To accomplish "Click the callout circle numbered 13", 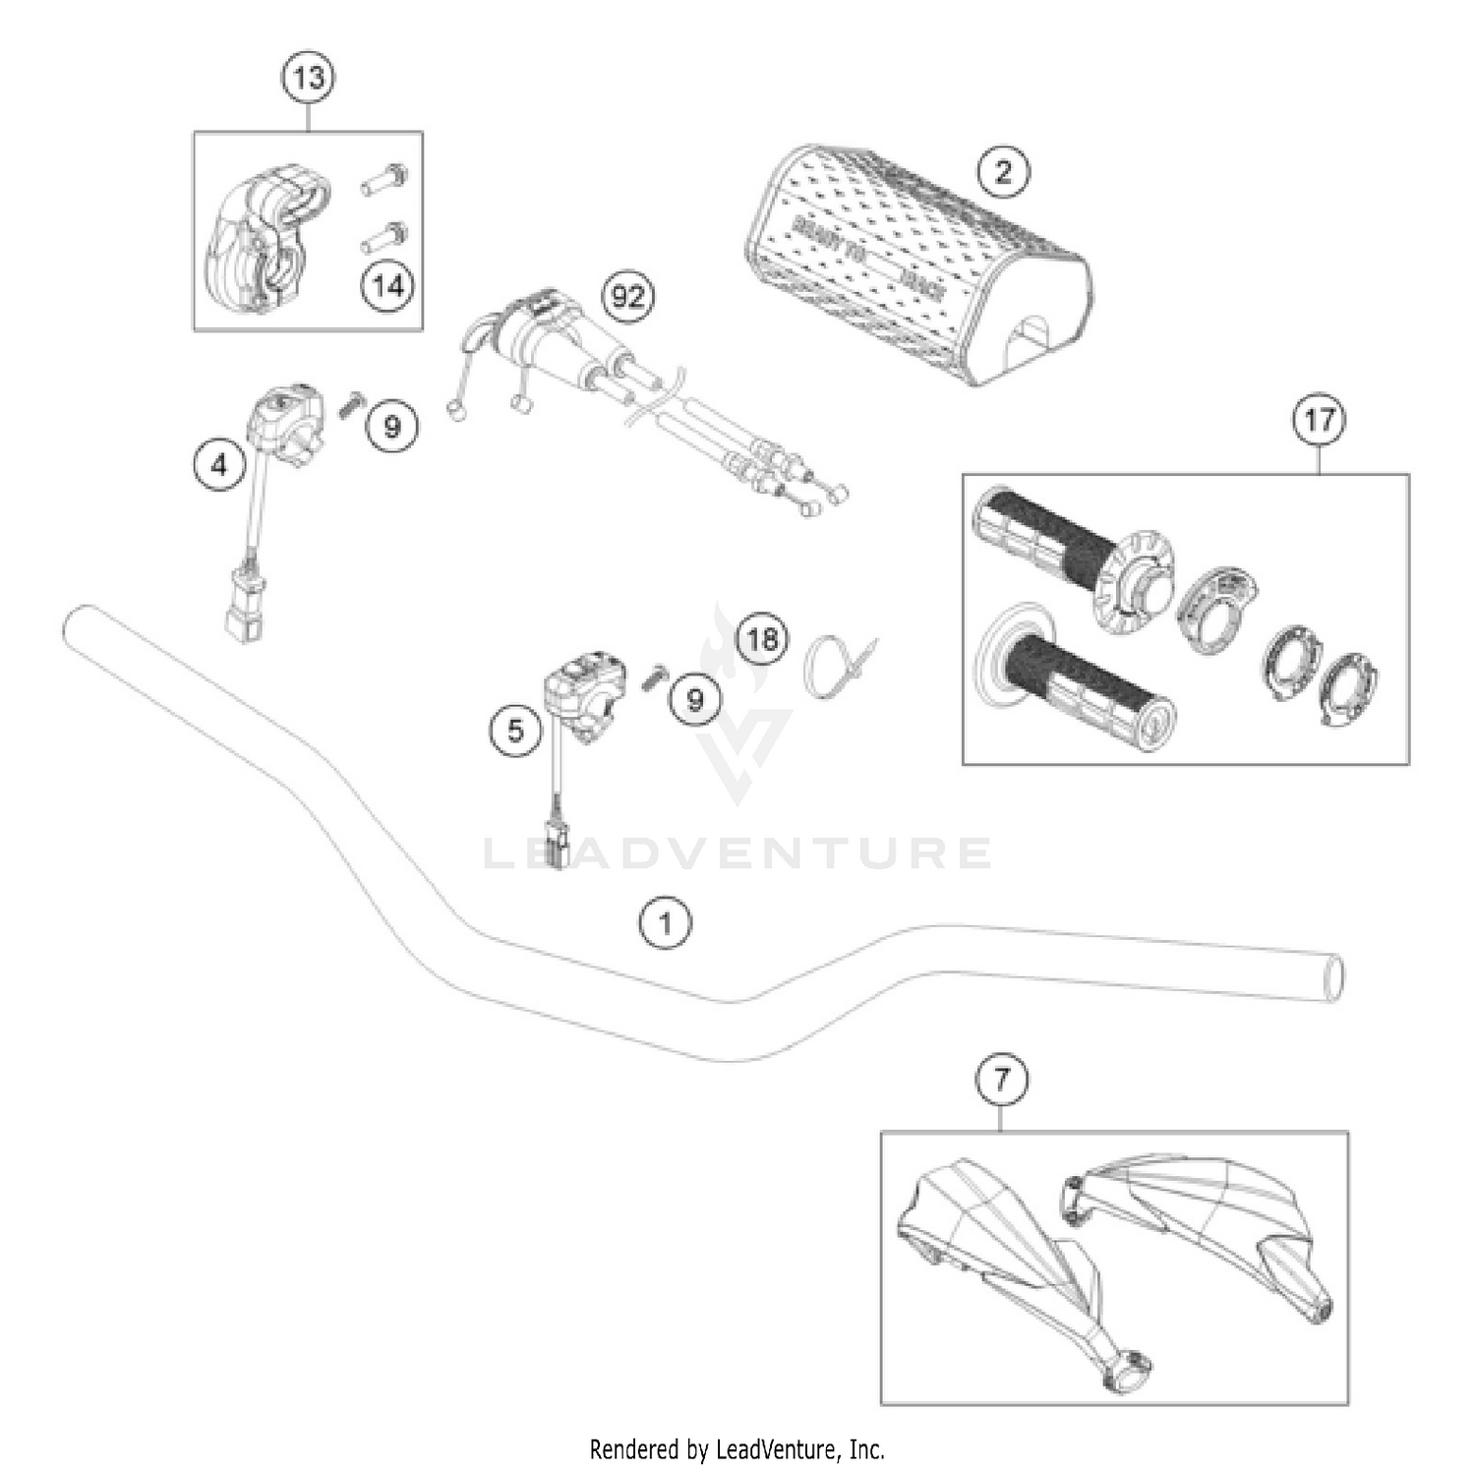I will [309, 77].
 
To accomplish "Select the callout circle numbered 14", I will [387, 286].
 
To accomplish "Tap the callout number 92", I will [627, 296].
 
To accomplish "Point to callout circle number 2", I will [1003, 173].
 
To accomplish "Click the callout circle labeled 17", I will [1318, 420].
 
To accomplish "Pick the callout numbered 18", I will [763, 640].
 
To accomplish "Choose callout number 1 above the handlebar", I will [666, 923].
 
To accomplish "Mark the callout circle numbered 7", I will [1001, 1081].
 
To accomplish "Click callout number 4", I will [219, 463].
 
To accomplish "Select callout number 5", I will [516, 730].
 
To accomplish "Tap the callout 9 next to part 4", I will [391, 427].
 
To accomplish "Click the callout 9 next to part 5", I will [695, 699].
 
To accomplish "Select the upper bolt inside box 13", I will [386, 181].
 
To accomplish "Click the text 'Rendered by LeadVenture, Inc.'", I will [737, 1448].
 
